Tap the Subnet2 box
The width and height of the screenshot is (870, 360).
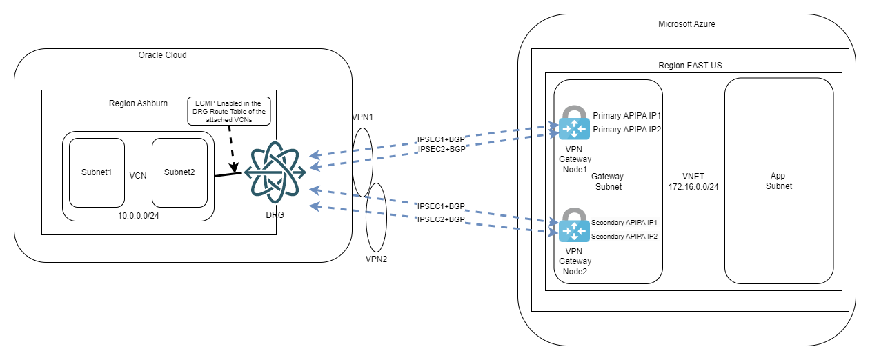179,172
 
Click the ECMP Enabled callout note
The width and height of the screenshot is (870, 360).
228,110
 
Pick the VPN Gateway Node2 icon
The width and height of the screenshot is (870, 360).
574,227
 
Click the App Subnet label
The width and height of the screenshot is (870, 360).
778,181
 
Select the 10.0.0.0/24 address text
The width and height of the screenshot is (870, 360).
138,215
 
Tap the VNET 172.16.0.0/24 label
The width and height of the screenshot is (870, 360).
693,181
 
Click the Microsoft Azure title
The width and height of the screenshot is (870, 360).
686,24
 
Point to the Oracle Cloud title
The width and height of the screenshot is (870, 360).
163,55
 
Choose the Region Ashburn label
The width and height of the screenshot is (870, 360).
138,103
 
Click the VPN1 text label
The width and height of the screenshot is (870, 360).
362,117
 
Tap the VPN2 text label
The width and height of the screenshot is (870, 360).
376,260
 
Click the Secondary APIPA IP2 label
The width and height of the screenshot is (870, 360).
624,237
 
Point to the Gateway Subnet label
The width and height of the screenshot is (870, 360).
608,181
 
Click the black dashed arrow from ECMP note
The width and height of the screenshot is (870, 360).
233,148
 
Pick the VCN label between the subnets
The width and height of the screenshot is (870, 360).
138,175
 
